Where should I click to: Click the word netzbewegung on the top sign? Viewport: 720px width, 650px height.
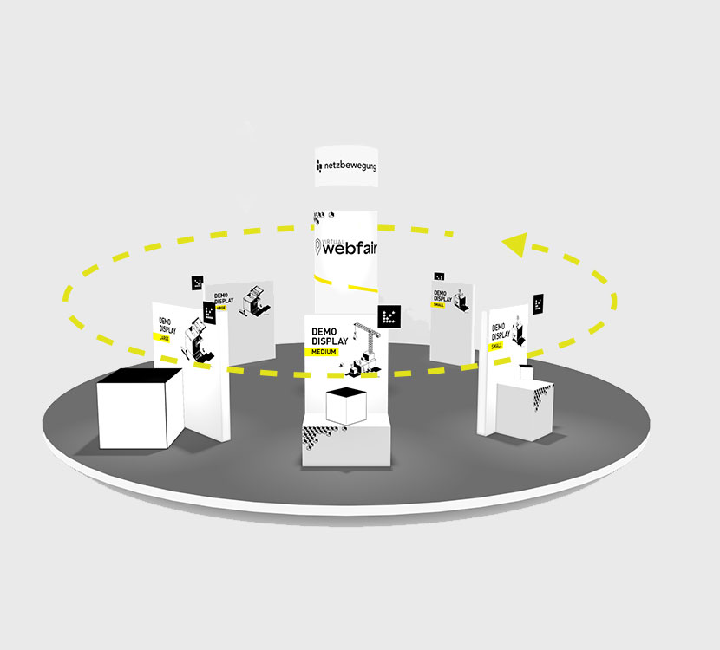pos(350,165)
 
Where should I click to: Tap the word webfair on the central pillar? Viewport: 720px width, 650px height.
pos(350,249)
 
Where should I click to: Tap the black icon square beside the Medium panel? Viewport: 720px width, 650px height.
pos(389,316)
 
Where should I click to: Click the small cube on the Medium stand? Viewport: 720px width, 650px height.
pos(344,406)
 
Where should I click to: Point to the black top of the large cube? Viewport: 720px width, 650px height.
pos(139,376)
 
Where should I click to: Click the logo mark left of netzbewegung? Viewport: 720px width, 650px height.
pos(319,165)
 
